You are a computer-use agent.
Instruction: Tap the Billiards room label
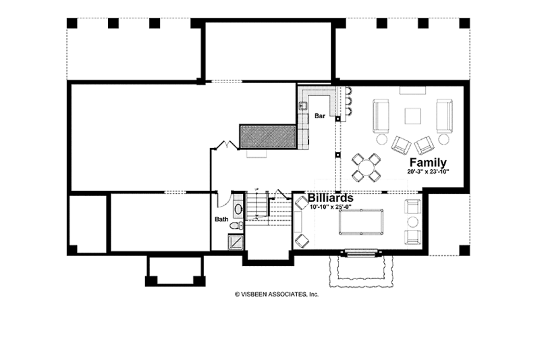click(331, 199)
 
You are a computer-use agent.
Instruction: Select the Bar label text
click(320, 116)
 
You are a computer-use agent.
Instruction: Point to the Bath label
click(221, 219)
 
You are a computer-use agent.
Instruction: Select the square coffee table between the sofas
click(413, 115)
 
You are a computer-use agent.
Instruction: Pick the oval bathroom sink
click(238, 209)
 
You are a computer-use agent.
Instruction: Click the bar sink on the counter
click(304, 105)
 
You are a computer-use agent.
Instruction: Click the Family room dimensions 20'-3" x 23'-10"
click(428, 172)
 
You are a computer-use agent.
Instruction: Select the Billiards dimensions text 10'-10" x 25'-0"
click(331, 207)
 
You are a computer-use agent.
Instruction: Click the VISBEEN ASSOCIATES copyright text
click(276, 294)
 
